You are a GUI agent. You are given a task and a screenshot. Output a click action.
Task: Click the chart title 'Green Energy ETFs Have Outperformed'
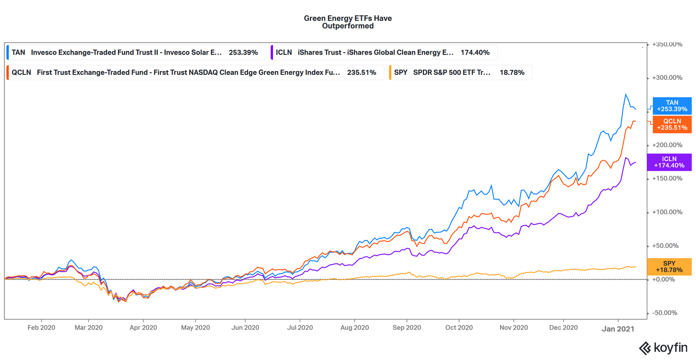(x=348, y=22)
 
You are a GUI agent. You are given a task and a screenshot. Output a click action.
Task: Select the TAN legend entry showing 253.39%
(x=135, y=52)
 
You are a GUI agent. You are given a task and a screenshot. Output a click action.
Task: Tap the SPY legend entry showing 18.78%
(x=460, y=72)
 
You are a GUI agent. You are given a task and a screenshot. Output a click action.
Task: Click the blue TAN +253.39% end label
(x=672, y=106)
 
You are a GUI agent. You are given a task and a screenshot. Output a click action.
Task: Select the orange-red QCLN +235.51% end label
(x=672, y=124)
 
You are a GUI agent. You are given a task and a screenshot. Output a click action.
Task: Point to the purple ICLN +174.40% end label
(x=672, y=162)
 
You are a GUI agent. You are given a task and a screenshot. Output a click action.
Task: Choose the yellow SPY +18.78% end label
(x=672, y=267)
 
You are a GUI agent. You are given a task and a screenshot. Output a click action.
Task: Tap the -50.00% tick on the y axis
(x=668, y=313)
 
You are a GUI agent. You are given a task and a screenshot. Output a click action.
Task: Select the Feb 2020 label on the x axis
(x=41, y=328)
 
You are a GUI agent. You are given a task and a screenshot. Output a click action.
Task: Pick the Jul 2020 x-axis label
(x=300, y=328)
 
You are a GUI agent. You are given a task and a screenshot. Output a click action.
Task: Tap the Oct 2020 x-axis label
(x=458, y=328)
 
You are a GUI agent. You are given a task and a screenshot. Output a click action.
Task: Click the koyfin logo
(x=665, y=348)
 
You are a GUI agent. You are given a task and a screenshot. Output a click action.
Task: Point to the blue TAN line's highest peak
(x=626, y=94)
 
